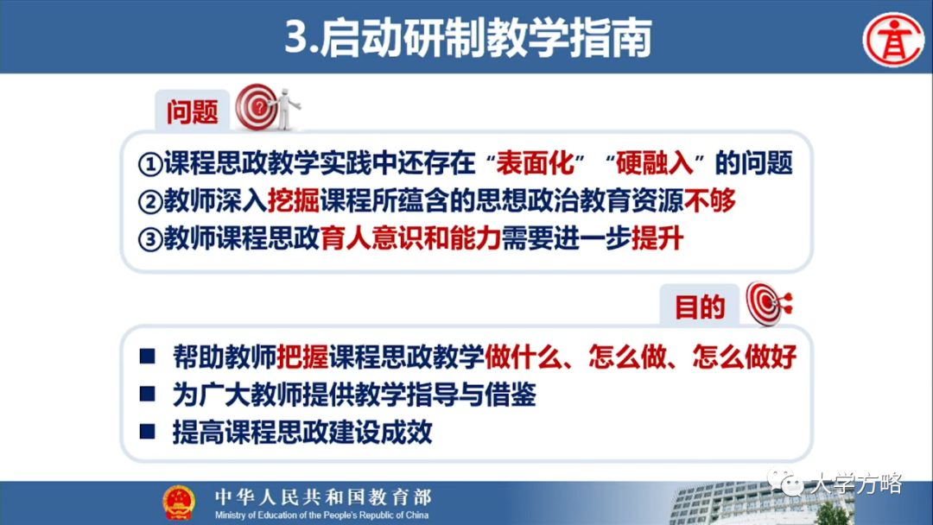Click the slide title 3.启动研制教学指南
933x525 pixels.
tap(466, 39)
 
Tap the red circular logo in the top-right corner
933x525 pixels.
tap(893, 39)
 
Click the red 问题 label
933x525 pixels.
tap(193, 111)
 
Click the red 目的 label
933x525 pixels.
tap(699, 307)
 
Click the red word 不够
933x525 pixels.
tap(710, 201)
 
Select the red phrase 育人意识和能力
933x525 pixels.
tap(410, 239)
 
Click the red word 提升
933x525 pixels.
tap(657, 239)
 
